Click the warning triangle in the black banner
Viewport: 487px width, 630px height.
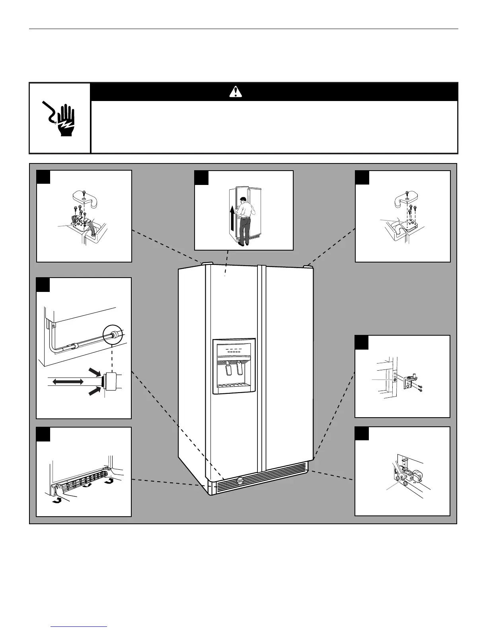point(236,92)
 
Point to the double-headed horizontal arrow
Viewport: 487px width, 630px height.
point(68,382)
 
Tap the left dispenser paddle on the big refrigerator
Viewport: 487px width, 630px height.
point(228,369)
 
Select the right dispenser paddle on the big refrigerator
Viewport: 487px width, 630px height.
point(240,369)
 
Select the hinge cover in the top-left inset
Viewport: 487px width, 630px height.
point(83,198)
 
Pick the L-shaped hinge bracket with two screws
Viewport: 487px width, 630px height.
point(410,381)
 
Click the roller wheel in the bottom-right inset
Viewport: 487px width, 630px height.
point(417,476)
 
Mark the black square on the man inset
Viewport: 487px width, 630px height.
point(201,178)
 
